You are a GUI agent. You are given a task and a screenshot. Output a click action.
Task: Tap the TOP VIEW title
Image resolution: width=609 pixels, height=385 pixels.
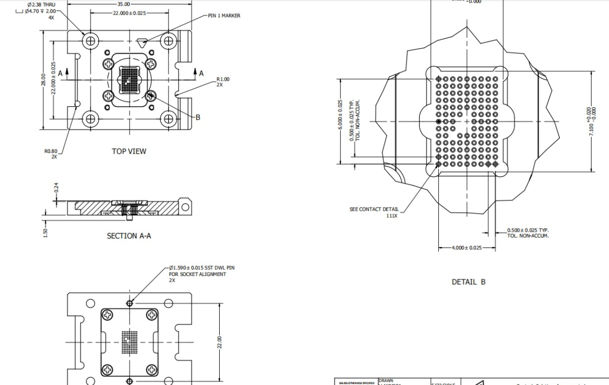coord(129,151)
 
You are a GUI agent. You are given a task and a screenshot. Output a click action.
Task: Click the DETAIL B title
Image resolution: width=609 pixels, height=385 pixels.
coord(468,282)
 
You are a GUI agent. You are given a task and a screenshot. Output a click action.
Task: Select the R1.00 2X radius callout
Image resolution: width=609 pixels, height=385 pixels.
coord(223,81)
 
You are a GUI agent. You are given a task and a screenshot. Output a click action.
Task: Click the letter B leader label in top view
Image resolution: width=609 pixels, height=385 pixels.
coord(198,117)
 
